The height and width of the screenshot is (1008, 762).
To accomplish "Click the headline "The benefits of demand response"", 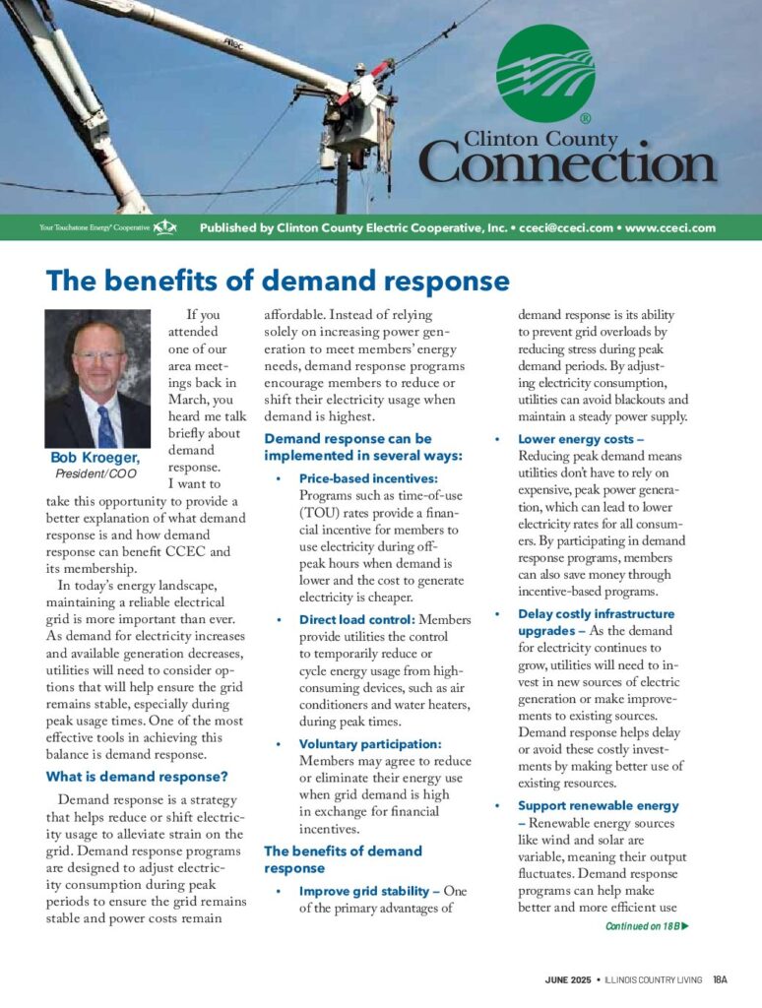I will tap(278, 282).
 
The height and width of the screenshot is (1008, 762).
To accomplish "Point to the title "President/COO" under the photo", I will tap(96, 473).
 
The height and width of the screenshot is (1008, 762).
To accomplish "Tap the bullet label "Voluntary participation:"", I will tap(370, 744).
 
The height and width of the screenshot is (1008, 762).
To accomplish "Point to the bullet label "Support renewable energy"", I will tap(599, 805).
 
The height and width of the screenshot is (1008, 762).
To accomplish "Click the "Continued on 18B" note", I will tap(646, 925).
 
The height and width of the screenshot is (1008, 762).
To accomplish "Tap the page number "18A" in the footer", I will tap(720, 980).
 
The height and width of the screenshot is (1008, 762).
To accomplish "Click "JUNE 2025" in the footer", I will tap(568, 980).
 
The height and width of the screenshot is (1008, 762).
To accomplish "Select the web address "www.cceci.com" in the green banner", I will tap(670, 227).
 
